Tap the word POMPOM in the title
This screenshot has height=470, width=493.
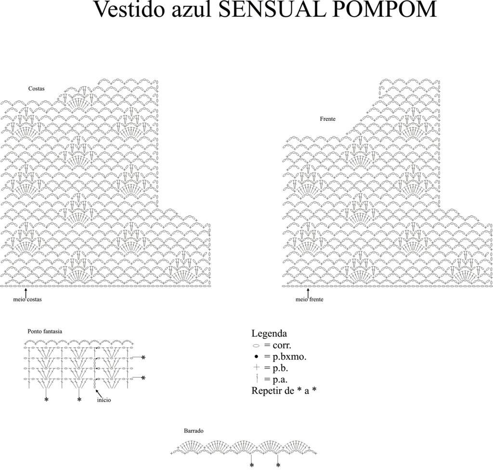[384, 9]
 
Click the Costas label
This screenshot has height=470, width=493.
[37, 89]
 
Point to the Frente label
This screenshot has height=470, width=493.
[327, 119]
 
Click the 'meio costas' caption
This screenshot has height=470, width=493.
[27, 300]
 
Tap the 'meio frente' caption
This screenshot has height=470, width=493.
[310, 300]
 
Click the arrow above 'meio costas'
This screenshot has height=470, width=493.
[26, 292]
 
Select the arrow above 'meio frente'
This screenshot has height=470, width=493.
[308, 292]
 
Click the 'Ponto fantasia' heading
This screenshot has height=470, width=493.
[45, 332]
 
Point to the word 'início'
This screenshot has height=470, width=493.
[104, 400]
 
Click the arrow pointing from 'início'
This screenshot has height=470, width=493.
[99, 393]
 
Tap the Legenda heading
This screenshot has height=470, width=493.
[269, 333]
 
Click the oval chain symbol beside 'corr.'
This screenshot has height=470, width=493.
[256, 346]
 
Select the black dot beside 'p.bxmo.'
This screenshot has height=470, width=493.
[256, 357]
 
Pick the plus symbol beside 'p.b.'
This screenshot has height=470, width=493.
[257, 367]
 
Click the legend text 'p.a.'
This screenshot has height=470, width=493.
[280, 380]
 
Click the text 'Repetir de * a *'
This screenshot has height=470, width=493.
[284, 391]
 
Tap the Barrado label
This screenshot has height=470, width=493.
[194, 431]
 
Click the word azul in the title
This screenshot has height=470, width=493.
[193, 9]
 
